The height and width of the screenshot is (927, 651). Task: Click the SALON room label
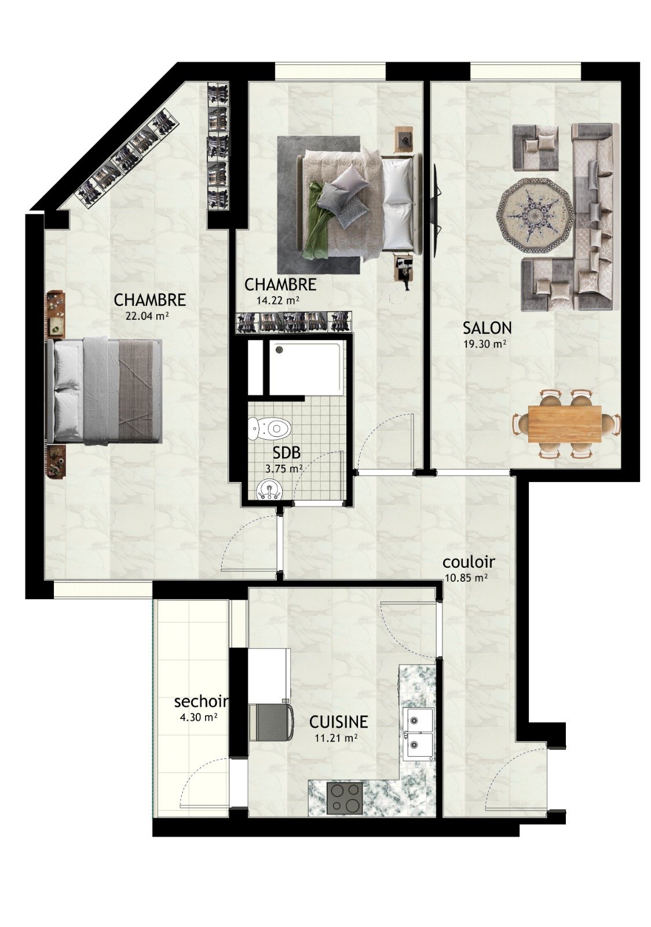coord(487,328)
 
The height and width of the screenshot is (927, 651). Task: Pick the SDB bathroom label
coord(284,454)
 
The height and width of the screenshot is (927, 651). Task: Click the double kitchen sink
coord(419,729)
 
